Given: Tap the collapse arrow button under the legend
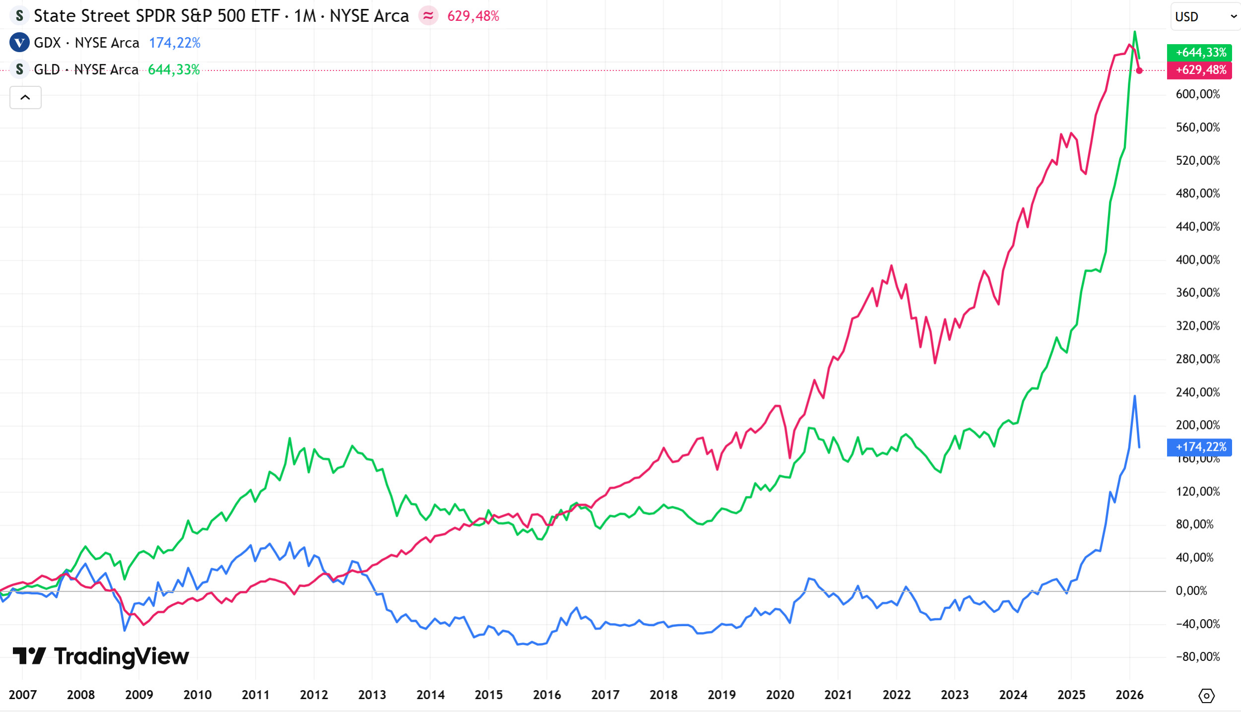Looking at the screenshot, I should click(x=25, y=97).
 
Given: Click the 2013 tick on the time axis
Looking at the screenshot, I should click(x=372, y=695).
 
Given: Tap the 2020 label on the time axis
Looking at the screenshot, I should click(x=780, y=695).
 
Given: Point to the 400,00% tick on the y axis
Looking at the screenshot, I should click(x=1197, y=260).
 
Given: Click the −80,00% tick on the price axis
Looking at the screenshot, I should click(x=1197, y=657).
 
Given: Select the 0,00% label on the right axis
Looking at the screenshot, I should click(x=1191, y=591).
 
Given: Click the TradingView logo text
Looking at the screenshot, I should click(x=121, y=656).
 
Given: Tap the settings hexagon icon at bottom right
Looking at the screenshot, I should click(x=1206, y=696).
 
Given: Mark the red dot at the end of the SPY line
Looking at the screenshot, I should click(x=1139, y=71).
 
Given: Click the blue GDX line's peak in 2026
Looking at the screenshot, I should click(x=1135, y=396).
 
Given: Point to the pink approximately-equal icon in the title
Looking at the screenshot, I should click(x=428, y=16).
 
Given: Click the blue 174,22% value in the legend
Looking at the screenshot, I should click(x=175, y=43).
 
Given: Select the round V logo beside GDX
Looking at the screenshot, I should click(x=19, y=43).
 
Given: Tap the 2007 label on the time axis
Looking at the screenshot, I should click(x=23, y=695).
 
